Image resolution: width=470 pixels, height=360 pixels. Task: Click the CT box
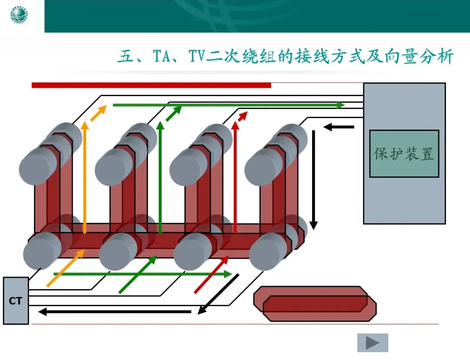pos(16,301)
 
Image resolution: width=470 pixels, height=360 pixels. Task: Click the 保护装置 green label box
pos(404,153)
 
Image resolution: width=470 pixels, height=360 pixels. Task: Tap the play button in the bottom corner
pos(373,343)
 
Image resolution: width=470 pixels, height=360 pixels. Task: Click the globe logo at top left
pos(19,16)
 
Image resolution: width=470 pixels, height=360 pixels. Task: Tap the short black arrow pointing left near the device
pos(339,127)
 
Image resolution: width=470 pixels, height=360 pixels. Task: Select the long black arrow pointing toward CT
pos(115,312)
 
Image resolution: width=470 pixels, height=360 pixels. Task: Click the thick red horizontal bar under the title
pos(151,85)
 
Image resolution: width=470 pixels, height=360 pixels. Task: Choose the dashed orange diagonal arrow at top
pos(99,113)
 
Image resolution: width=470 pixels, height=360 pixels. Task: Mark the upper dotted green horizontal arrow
pos(228,105)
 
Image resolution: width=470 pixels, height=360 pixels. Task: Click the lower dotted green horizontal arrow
pos(142,274)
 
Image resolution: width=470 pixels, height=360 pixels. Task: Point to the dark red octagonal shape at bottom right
pos(315,304)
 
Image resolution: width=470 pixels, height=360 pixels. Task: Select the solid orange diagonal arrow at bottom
pos(66,268)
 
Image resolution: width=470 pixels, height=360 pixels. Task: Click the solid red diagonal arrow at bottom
pos(211,275)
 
